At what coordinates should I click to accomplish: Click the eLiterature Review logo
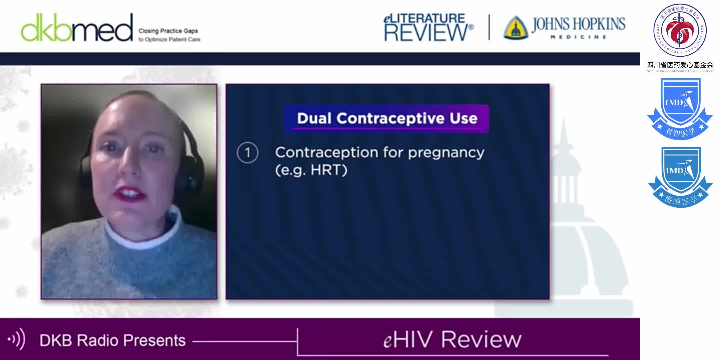coord(428,28)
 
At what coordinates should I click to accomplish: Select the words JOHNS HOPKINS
coord(578,24)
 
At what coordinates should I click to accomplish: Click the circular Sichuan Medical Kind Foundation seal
coord(680,30)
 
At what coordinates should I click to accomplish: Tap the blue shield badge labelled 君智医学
coord(680,108)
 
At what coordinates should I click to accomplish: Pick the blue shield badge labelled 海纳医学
coord(680,177)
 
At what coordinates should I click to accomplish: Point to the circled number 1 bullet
coord(247,153)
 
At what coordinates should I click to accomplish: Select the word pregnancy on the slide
coord(446,153)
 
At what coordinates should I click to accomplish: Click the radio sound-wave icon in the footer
coord(16,339)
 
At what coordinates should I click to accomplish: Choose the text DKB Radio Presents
coord(112,340)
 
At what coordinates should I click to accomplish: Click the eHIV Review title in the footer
coord(452,340)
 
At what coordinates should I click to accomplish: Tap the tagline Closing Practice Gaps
coord(168,31)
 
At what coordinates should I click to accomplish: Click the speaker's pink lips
coord(129,194)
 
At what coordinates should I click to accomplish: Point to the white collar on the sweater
coord(143,233)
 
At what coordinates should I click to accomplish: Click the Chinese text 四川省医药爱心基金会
coord(680,65)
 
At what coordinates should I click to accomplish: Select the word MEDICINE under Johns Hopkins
coord(578,37)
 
